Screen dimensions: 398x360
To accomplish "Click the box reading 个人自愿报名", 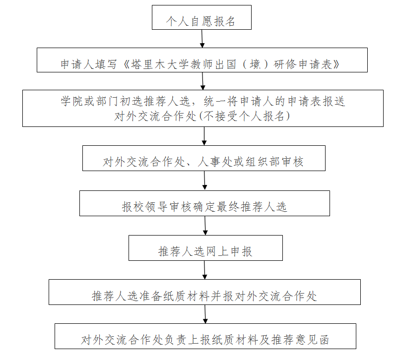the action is click(x=201, y=17).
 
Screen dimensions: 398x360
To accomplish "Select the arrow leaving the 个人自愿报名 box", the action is click(x=202, y=39).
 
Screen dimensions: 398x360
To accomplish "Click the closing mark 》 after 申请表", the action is click(x=336, y=64).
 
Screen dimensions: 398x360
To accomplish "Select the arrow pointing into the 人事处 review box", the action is click(x=204, y=136).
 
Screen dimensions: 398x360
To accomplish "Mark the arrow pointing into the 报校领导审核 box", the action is click(x=204, y=180).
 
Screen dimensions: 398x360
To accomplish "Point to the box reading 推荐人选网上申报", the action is click(x=205, y=248).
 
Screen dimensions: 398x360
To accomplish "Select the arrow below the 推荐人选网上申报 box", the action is click(x=204, y=270).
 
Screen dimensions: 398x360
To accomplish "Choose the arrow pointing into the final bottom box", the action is click(x=205, y=314).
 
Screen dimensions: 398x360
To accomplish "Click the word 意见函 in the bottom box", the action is click(x=312, y=340).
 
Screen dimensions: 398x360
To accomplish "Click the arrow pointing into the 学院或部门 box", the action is click(x=202, y=81).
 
